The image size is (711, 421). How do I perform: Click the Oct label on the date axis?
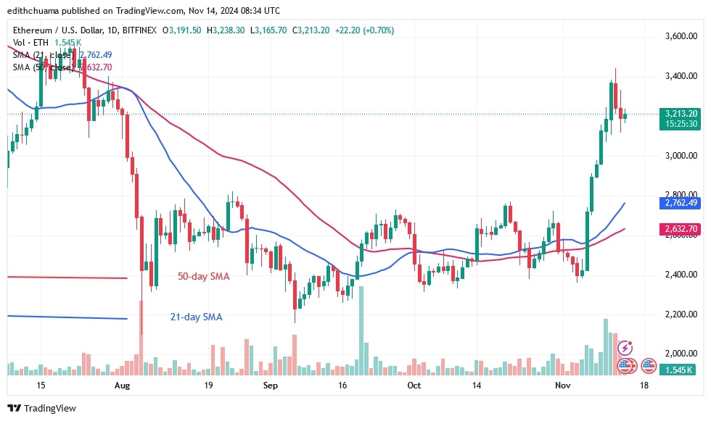click(x=414, y=386)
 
